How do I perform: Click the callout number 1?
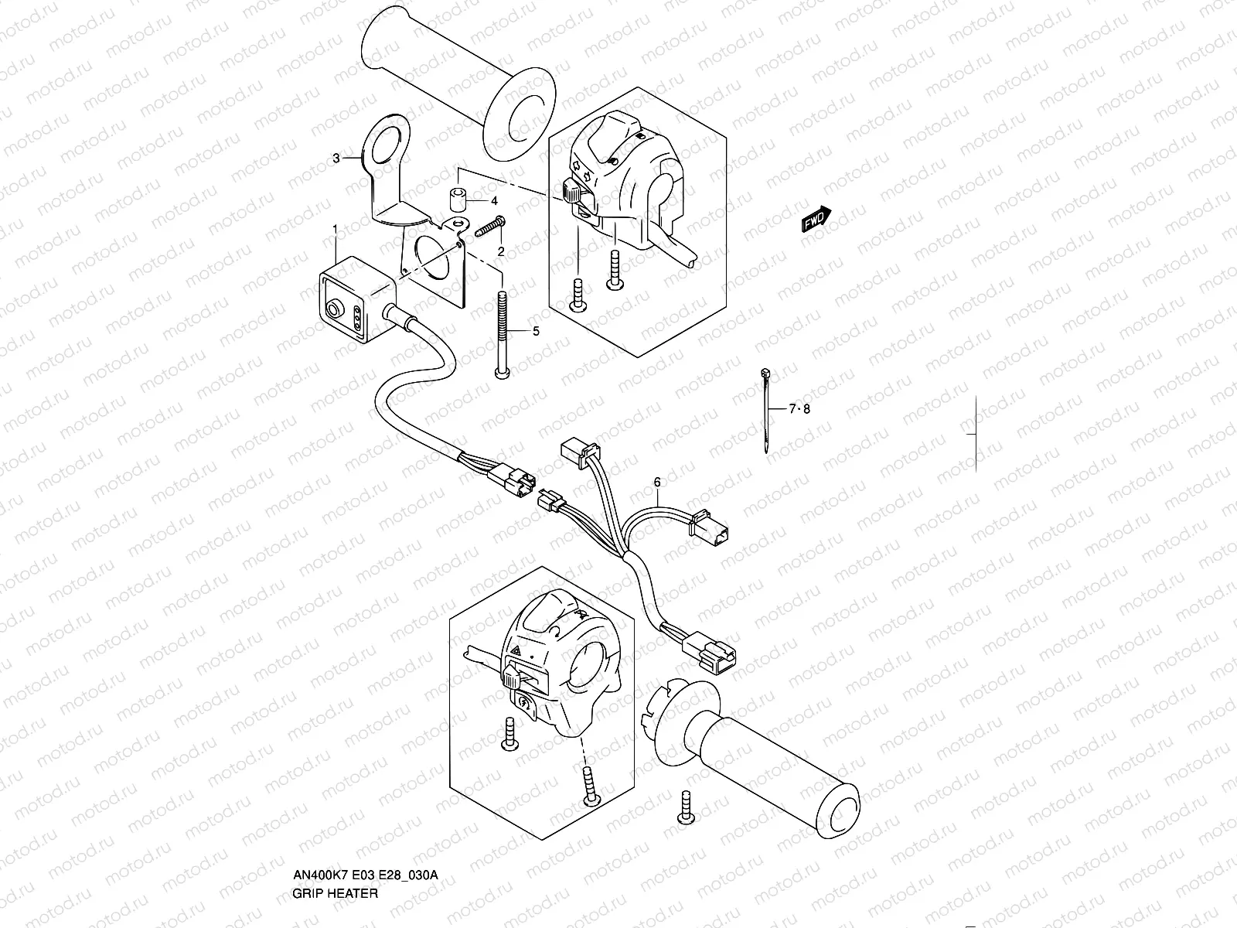pyautogui.click(x=335, y=229)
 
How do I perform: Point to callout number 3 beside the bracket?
pyautogui.click(x=336, y=159)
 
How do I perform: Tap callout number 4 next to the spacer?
pyautogui.click(x=494, y=201)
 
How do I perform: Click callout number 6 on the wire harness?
pyautogui.click(x=657, y=482)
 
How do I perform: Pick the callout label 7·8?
pyautogui.click(x=799, y=409)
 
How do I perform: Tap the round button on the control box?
pyautogui.click(x=334, y=310)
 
